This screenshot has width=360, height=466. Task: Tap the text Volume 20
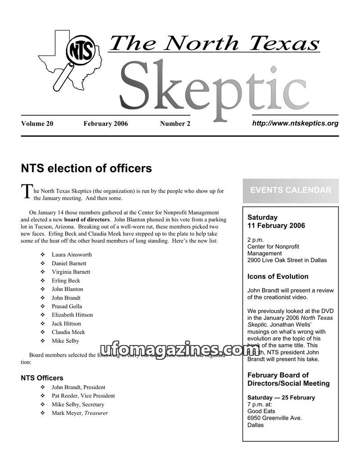(37, 124)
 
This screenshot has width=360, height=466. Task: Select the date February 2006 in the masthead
(105, 124)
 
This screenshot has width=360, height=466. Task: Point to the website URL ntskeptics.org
(295, 123)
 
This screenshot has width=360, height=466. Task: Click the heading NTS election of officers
(86, 169)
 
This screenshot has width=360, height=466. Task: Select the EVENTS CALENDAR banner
(291, 190)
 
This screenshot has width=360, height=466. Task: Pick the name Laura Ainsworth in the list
(72, 255)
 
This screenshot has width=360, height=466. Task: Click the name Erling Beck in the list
(66, 281)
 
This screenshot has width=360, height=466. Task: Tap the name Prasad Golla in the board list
(67, 306)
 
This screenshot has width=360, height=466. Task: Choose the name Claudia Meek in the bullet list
(68, 332)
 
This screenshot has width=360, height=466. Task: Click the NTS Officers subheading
(42, 378)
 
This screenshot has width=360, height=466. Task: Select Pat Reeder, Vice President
(83, 396)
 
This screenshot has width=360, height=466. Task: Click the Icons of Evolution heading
(278, 277)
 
